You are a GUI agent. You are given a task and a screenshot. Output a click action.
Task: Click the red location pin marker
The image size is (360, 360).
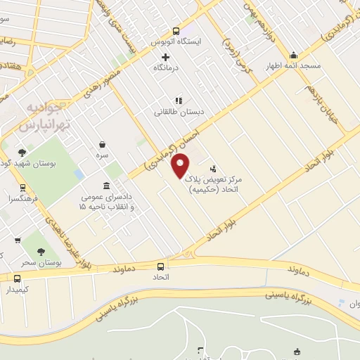coord(181,165)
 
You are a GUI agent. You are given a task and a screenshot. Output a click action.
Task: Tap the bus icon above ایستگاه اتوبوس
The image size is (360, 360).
coord(176,31)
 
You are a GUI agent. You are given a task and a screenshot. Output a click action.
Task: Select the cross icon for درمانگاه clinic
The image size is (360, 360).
coord(166,57)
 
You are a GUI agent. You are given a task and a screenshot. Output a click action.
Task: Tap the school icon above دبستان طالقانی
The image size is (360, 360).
coord(179,101)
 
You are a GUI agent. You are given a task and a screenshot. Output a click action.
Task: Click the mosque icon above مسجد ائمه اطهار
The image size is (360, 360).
coord(293,55)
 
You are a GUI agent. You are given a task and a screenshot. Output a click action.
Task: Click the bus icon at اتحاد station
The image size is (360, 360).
coord(162,266)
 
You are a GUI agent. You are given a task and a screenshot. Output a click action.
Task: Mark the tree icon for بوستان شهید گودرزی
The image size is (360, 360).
coord(22,152)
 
